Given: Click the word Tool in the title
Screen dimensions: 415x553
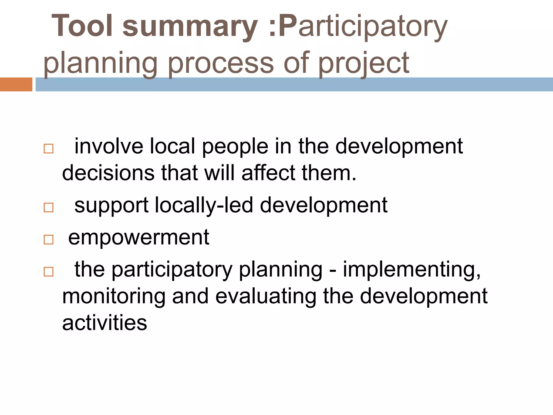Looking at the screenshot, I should (82, 26).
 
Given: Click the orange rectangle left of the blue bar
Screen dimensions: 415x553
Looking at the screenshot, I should (16, 84).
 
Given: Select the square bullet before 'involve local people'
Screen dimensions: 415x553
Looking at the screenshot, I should (49, 149).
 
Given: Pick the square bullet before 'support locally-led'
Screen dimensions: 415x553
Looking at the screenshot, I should (49, 207).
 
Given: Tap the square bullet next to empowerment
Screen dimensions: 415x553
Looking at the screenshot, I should (49, 240).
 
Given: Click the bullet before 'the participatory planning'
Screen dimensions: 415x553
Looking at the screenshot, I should (49, 272).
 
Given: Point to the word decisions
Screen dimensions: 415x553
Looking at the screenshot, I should (108, 173).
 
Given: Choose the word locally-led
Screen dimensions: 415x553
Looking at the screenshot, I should (204, 205).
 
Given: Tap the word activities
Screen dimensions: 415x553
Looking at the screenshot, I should (104, 323).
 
